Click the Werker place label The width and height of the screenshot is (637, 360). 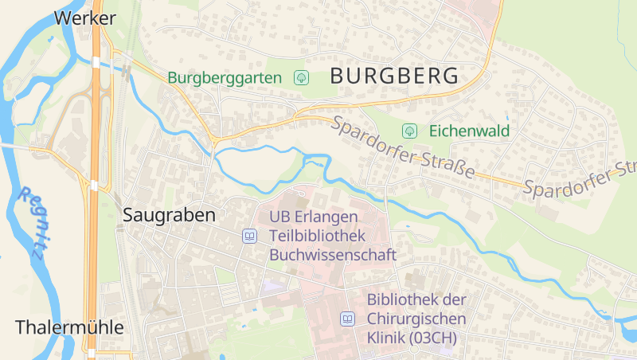click(x=85, y=18)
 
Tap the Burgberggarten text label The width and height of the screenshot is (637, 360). click(x=225, y=78)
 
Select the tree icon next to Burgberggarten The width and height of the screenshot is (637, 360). click(x=302, y=77)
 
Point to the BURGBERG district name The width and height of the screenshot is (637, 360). click(x=394, y=76)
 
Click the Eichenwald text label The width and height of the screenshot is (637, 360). click(x=469, y=131)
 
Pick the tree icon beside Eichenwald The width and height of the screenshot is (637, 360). click(x=410, y=131)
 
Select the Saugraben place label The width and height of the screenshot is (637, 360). click(x=169, y=215)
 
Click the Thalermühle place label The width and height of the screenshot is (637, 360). click(x=70, y=327)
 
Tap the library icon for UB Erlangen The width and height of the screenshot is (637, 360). click(x=250, y=236)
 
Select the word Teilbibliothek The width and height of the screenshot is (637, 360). click(x=317, y=236)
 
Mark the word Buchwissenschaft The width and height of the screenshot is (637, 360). click(x=333, y=255)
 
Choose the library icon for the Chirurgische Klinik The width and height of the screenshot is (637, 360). click(x=347, y=319)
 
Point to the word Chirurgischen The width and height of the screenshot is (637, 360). click(x=416, y=319)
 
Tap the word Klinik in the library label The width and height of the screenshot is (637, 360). click(x=386, y=338)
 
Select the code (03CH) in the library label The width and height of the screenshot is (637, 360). click(x=435, y=338)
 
